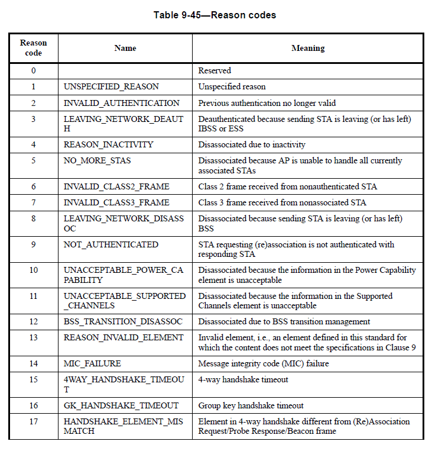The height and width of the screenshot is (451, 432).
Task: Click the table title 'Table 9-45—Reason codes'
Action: pyautogui.click(x=215, y=15)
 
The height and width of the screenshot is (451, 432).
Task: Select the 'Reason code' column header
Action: pyautogui.click(x=34, y=48)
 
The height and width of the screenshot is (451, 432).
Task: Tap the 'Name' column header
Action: pyautogui.click(x=125, y=48)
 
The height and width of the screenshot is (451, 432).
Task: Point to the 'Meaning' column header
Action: pyautogui.click(x=308, y=48)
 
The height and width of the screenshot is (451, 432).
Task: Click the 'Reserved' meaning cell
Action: pyautogui.click(x=215, y=70)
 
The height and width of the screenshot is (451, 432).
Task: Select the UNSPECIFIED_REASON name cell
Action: pyautogui.click(x=111, y=86)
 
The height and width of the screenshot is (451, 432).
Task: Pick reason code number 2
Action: pyautogui.click(x=34, y=103)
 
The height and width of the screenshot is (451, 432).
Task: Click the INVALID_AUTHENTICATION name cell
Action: pyautogui.click(x=122, y=103)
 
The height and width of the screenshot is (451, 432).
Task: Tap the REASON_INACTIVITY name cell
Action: pyautogui.click(x=109, y=144)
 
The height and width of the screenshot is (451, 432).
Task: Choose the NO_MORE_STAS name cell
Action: pyautogui.click(x=98, y=160)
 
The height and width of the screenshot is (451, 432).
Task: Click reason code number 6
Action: pyautogui.click(x=34, y=186)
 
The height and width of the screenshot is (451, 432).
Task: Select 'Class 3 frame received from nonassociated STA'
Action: pyautogui.click(x=282, y=202)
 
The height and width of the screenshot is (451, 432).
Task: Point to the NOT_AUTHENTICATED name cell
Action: pyautogui.click(x=111, y=244)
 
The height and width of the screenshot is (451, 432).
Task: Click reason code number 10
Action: pyautogui.click(x=34, y=270)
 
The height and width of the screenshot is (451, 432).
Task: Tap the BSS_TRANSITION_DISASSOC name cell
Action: pyautogui.click(x=124, y=321)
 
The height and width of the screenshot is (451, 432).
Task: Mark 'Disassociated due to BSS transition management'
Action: pyautogui.click(x=284, y=321)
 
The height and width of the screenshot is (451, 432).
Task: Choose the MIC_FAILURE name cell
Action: pyautogui.click(x=93, y=363)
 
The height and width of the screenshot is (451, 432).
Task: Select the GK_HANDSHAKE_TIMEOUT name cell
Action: pyautogui.click(x=121, y=405)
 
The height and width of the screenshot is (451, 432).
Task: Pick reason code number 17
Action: pyautogui.click(x=34, y=421)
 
